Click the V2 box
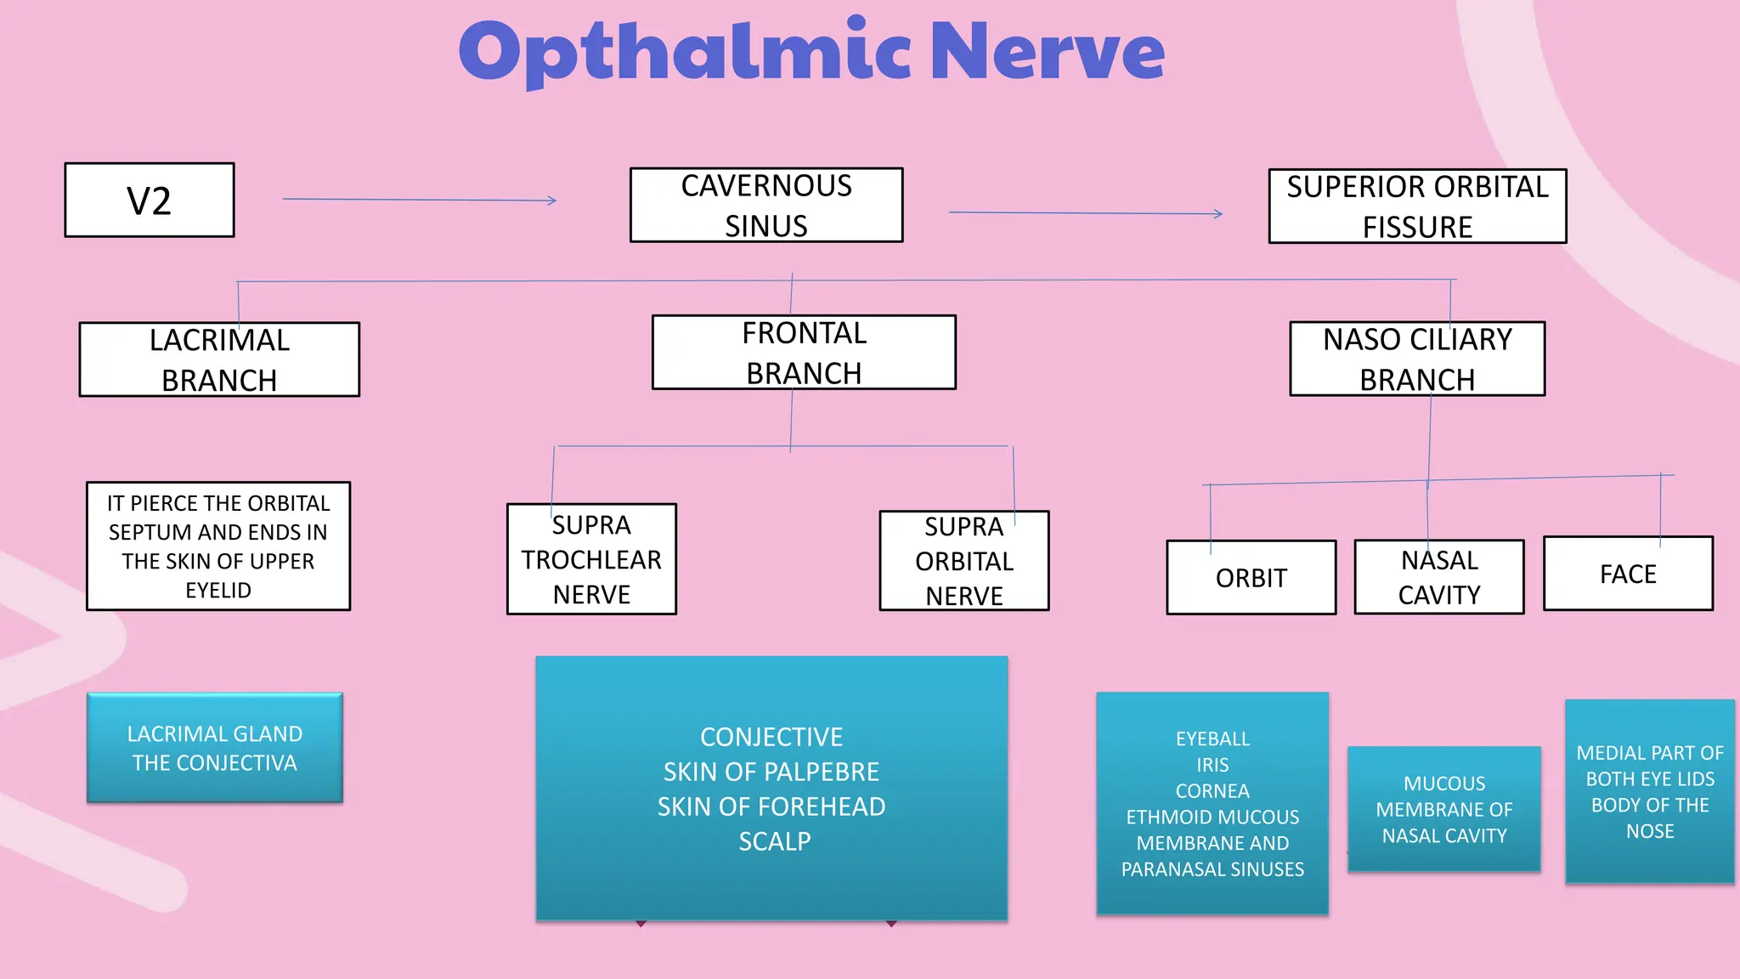click(x=150, y=201)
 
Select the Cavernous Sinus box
click(x=766, y=206)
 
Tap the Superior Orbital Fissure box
click(x=1417, y=207)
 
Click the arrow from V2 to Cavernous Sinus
click(x=419, y=200)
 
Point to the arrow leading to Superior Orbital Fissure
click(x=1085, y=212)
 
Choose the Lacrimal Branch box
click(x=219, y=359)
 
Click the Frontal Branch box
click(x=804, y=353)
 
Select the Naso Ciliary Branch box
click(x=1417, y=359)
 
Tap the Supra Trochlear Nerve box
click(x=591, y=559)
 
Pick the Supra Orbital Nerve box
click(x=964, y=561)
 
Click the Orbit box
click(x=1251, y=578)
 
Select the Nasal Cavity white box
click(x=1439, y=578)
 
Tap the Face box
click(x=1628, y=574)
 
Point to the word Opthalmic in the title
click(x=685, y=53)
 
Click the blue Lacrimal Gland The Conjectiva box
click(x=215, y=748)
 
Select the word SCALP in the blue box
click(x=774, y=841)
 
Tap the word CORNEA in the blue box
click(x=1212, y=791)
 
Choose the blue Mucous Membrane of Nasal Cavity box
click(x=1443, y=809)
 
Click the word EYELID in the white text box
click(x=218, y=591)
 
